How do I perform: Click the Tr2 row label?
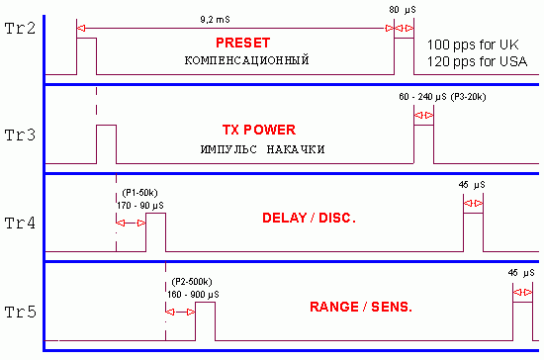coord(20,29)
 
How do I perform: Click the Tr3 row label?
coord(20,135)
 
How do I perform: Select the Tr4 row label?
coord(20,223)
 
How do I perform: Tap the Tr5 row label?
coord(20,313)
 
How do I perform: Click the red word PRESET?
coord(243,43)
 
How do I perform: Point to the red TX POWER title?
coord(259,130)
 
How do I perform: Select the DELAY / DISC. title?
coord(309,218)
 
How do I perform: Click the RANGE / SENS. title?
coord(361,307)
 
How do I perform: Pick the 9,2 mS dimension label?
coord(215,20)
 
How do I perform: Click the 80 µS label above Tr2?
coord(403,10)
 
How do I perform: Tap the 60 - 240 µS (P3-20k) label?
coord(442,97)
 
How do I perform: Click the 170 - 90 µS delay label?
coord(140,206)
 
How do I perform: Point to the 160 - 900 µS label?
coord(193,295)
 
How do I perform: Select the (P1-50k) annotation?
coord(139,193)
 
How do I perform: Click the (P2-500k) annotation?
coord(192,282)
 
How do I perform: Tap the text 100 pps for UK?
coord(473,45)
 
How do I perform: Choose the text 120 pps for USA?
coord(477,61)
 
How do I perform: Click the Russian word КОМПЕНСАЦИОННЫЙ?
coord(246,60)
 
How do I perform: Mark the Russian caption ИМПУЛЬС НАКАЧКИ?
coord(263,149)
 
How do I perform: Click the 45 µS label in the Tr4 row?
coord(472,185)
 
